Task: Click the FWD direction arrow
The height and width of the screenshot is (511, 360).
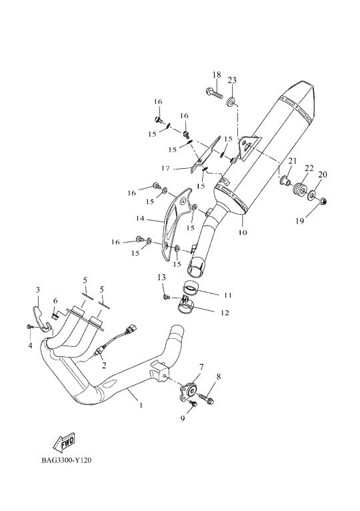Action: click(x=64, y=442)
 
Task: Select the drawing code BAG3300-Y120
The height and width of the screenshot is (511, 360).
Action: click(x=66, y=460)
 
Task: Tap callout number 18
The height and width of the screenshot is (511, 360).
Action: click(x=217, y=75)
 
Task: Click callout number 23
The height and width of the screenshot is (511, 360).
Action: click(x=232, y=80)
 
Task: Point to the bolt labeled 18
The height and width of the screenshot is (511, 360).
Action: click(x=214, y=93)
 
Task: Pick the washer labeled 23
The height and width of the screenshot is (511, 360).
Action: click(x=231, y=102)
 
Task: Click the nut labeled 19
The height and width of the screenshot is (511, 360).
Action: click(x=323, y=201)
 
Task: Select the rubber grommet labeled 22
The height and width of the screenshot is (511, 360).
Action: click(x=301, y=190)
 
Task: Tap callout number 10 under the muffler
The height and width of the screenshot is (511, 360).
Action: click(x=243, y=232)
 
